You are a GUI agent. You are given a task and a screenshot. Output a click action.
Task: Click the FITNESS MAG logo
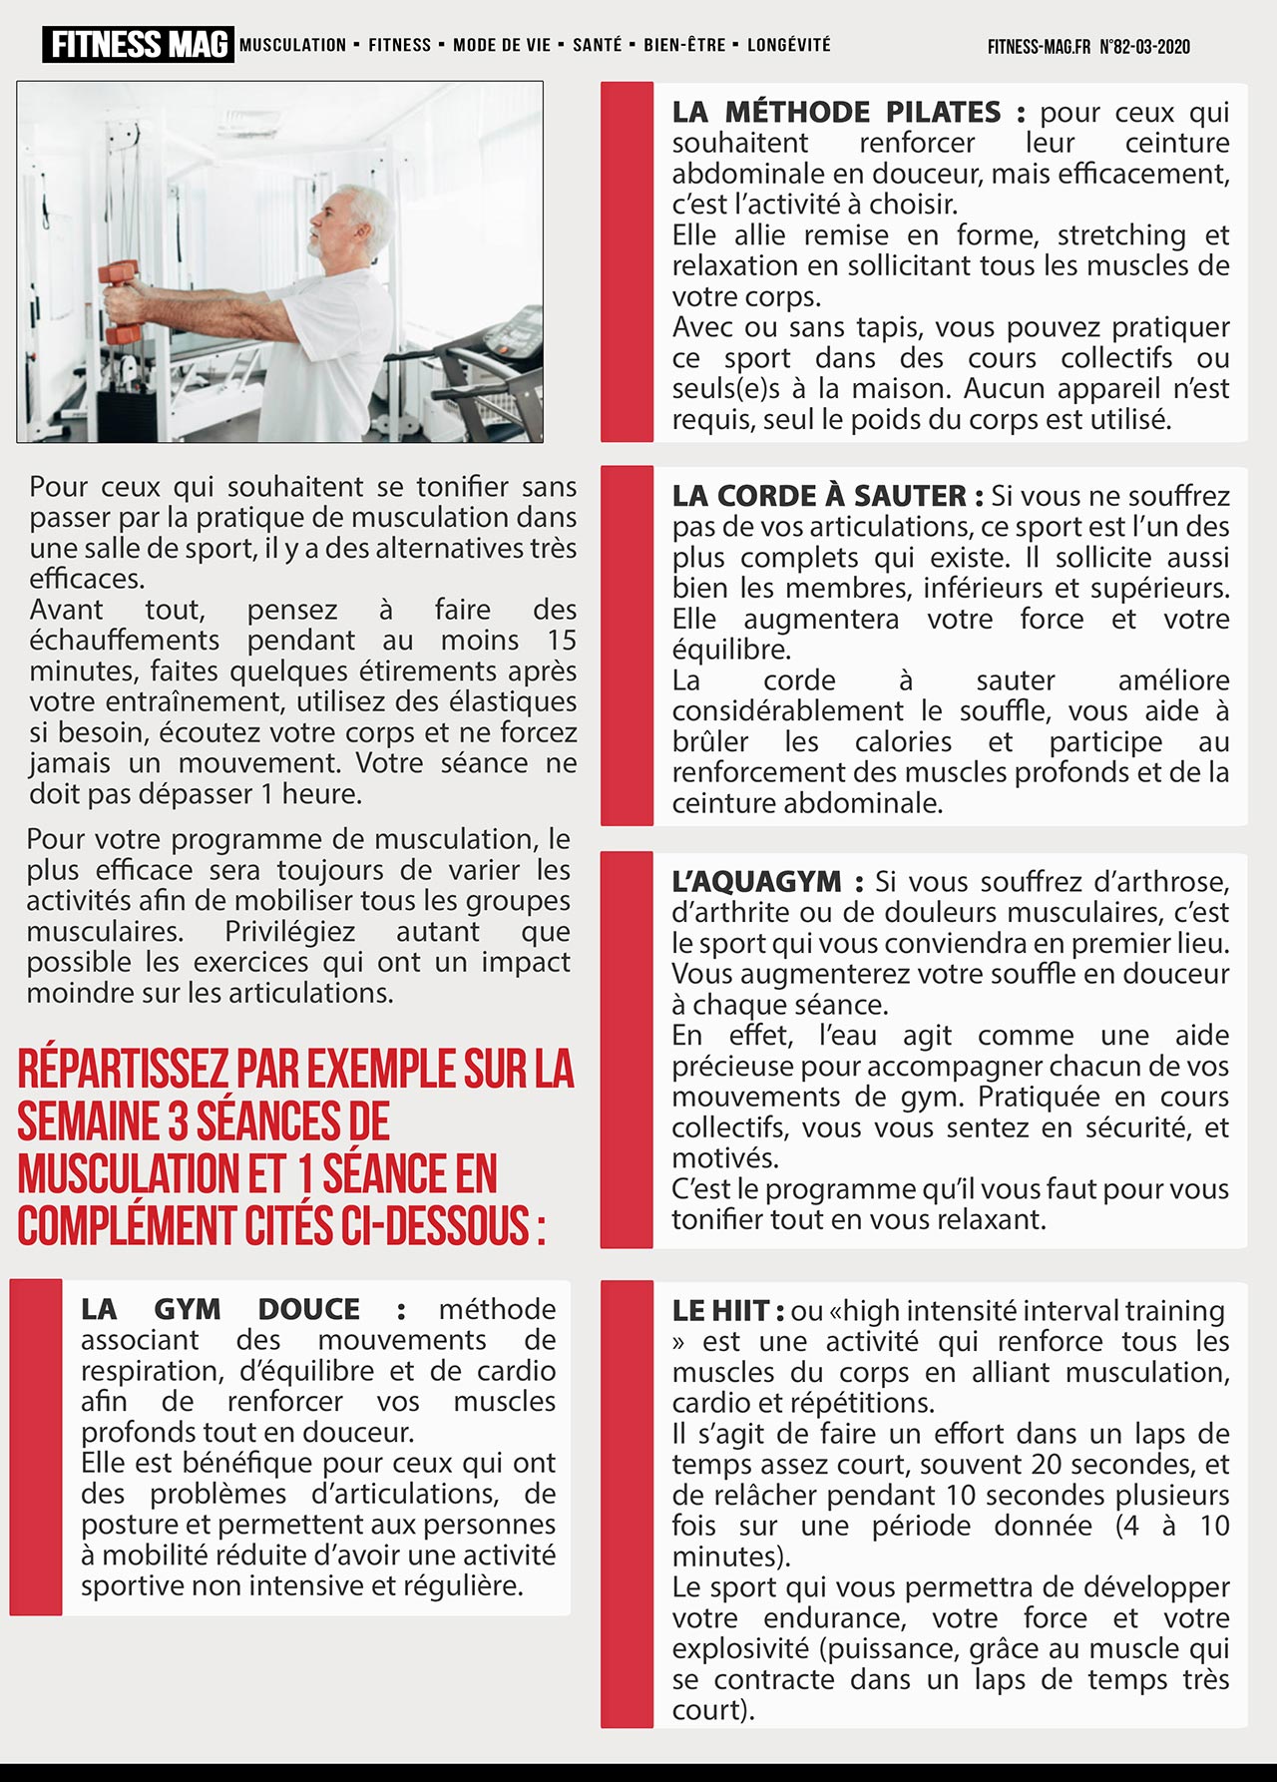click(x=138, y=45)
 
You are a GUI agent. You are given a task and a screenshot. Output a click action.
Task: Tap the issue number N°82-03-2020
click(x=1144, y=47)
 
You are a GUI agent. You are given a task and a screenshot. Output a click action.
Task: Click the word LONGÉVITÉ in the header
click(x=788, y=45)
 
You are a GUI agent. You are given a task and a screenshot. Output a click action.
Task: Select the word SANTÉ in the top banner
click(x=597, y=45)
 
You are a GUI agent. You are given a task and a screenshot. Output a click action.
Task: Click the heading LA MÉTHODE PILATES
click(x=836, y=112)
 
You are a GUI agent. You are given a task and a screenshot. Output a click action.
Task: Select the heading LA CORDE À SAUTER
click(x=819, y=496)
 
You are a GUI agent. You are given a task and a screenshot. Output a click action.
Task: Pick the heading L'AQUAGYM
click(x=757, y=882)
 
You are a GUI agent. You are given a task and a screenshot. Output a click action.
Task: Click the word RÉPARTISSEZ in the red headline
click(x=124, y=1069)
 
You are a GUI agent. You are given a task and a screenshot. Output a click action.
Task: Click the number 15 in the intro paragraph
click(x=561, y=640)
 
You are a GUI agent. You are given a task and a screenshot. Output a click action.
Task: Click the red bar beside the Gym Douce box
click(x=36, y=1448)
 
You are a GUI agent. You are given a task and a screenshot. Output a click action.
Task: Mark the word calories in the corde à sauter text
click(x=903, y=742)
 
